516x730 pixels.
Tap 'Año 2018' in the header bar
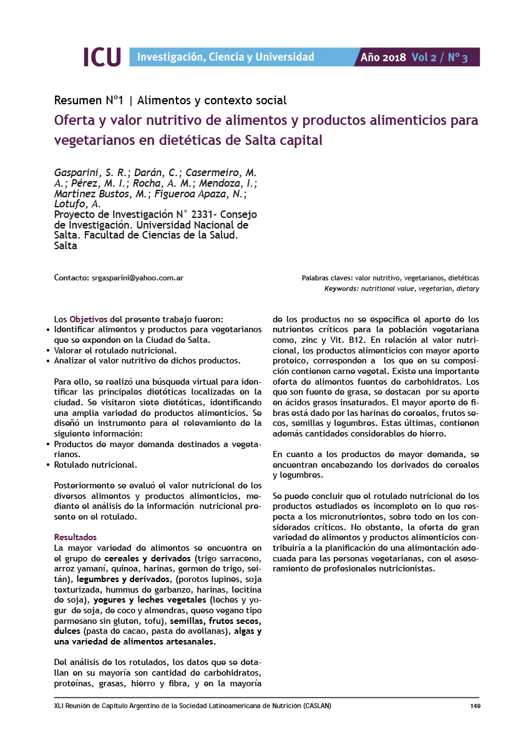click(x=383, y=57)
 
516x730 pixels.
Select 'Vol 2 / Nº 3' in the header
click(x=439, y=57)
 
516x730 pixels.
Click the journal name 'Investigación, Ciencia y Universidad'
click(x=225, y=57)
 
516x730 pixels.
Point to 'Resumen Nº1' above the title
click(x=88, y=100)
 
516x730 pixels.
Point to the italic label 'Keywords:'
click(x=341, y=289)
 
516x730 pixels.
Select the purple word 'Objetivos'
click(x=89, y=318)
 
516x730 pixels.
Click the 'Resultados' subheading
click(x=75, y=537)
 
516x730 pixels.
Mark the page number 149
click(x=474, y=706)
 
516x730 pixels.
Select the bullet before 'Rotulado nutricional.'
click(x=49, y=465)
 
